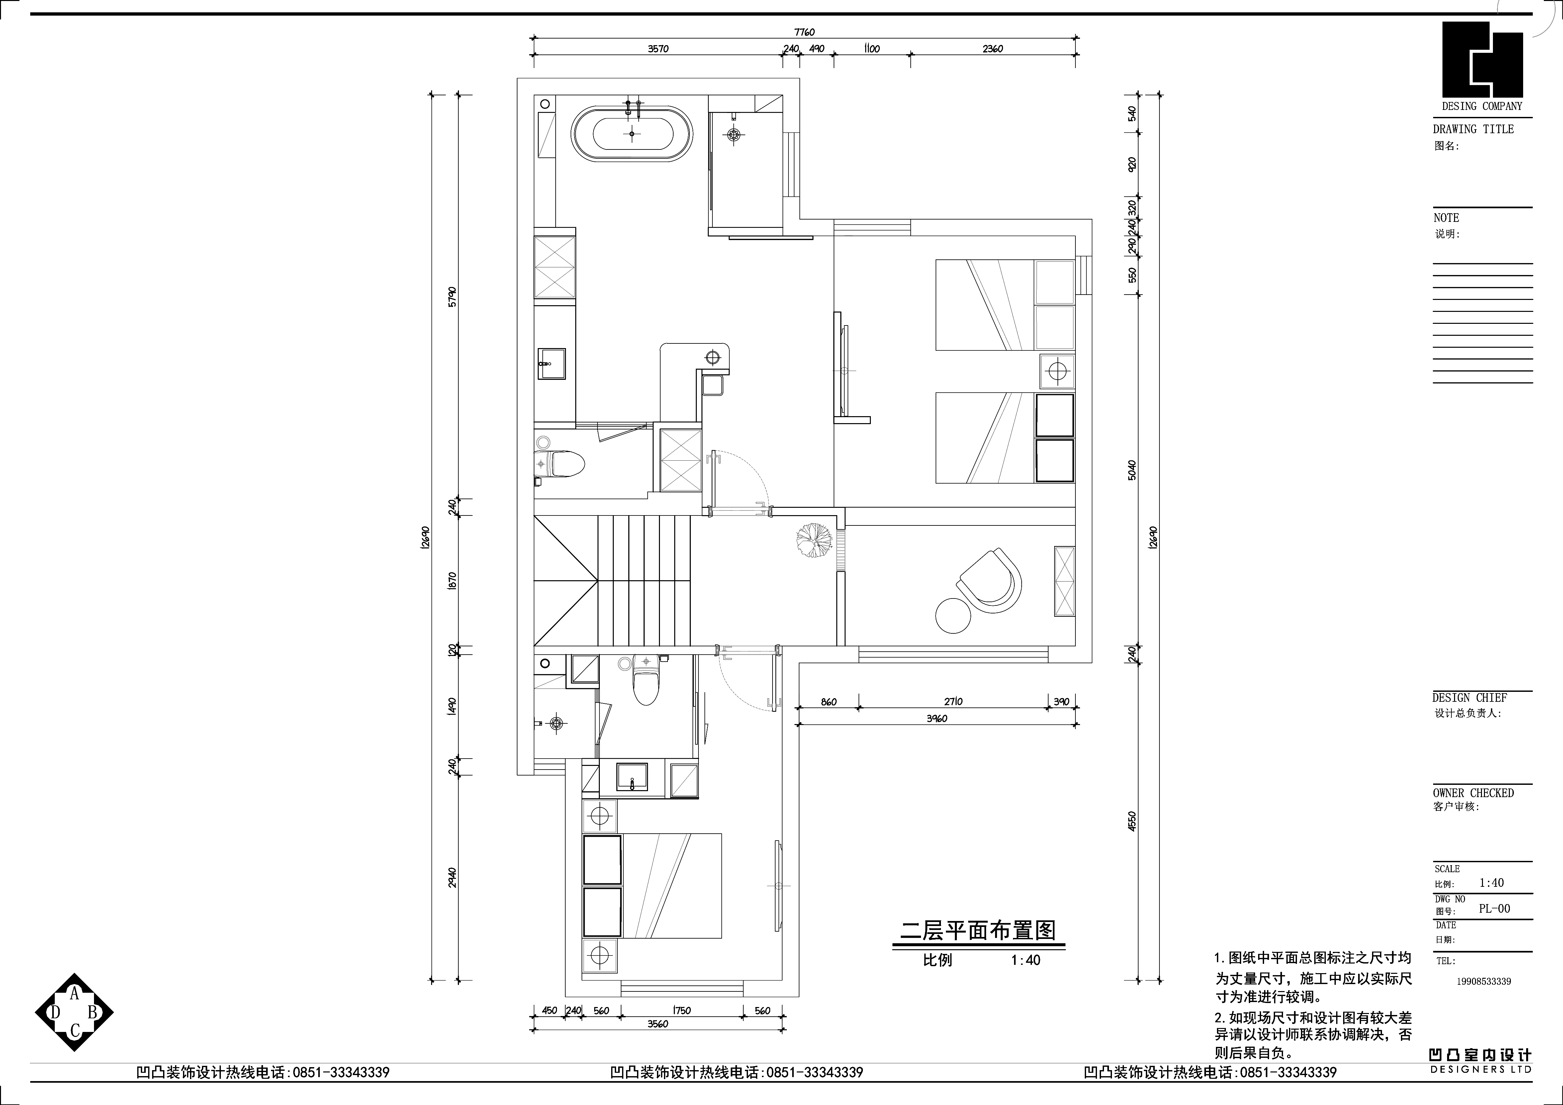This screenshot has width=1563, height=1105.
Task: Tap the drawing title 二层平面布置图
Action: click(x=977, y=931)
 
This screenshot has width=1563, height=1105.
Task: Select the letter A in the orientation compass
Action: click(x=75, y=994)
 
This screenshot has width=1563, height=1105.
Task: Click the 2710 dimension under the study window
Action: click(x=953, y=701)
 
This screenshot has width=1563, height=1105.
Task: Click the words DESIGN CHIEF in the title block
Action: click(x=1469, y=698)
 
